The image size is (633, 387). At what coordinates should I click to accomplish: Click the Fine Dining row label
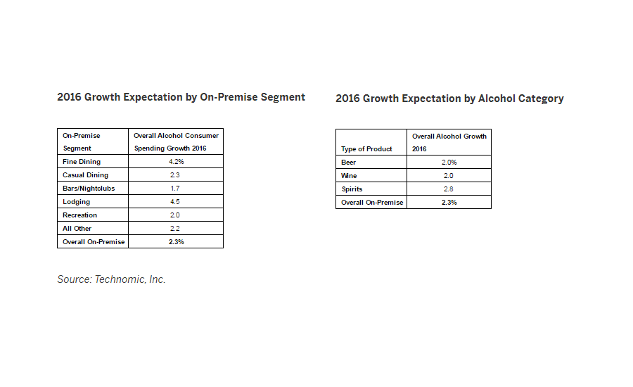(82, 162)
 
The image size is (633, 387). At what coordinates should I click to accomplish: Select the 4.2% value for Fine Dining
(176, 162)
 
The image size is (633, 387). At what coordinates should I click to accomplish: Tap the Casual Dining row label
(86, 175)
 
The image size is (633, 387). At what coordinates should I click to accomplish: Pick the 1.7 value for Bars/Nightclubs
(176, 189)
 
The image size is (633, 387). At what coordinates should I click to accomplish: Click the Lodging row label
(77, 202)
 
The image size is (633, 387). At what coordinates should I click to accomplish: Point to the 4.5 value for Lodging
(176, 202)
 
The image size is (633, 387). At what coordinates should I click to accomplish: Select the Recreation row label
(80, 215)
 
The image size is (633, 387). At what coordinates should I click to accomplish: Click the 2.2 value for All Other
(176, 229)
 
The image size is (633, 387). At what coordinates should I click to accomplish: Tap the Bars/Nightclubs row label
(89, 189)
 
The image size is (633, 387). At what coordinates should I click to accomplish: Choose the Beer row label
(349, 163)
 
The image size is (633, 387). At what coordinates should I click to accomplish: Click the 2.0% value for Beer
(449, 163)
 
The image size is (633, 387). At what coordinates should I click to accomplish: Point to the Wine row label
(349, 176)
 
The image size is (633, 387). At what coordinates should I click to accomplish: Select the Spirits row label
(352, 189)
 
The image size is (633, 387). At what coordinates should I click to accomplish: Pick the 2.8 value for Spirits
(449, 189)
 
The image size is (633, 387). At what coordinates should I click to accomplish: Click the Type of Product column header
(366, 149)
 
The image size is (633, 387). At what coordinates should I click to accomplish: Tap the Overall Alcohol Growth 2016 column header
(449, 142)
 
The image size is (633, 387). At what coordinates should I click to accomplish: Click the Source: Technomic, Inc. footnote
(111, 279)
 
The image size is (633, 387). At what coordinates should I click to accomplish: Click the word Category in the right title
(541, 99)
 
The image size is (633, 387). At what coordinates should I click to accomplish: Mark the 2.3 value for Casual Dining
(176, 175)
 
